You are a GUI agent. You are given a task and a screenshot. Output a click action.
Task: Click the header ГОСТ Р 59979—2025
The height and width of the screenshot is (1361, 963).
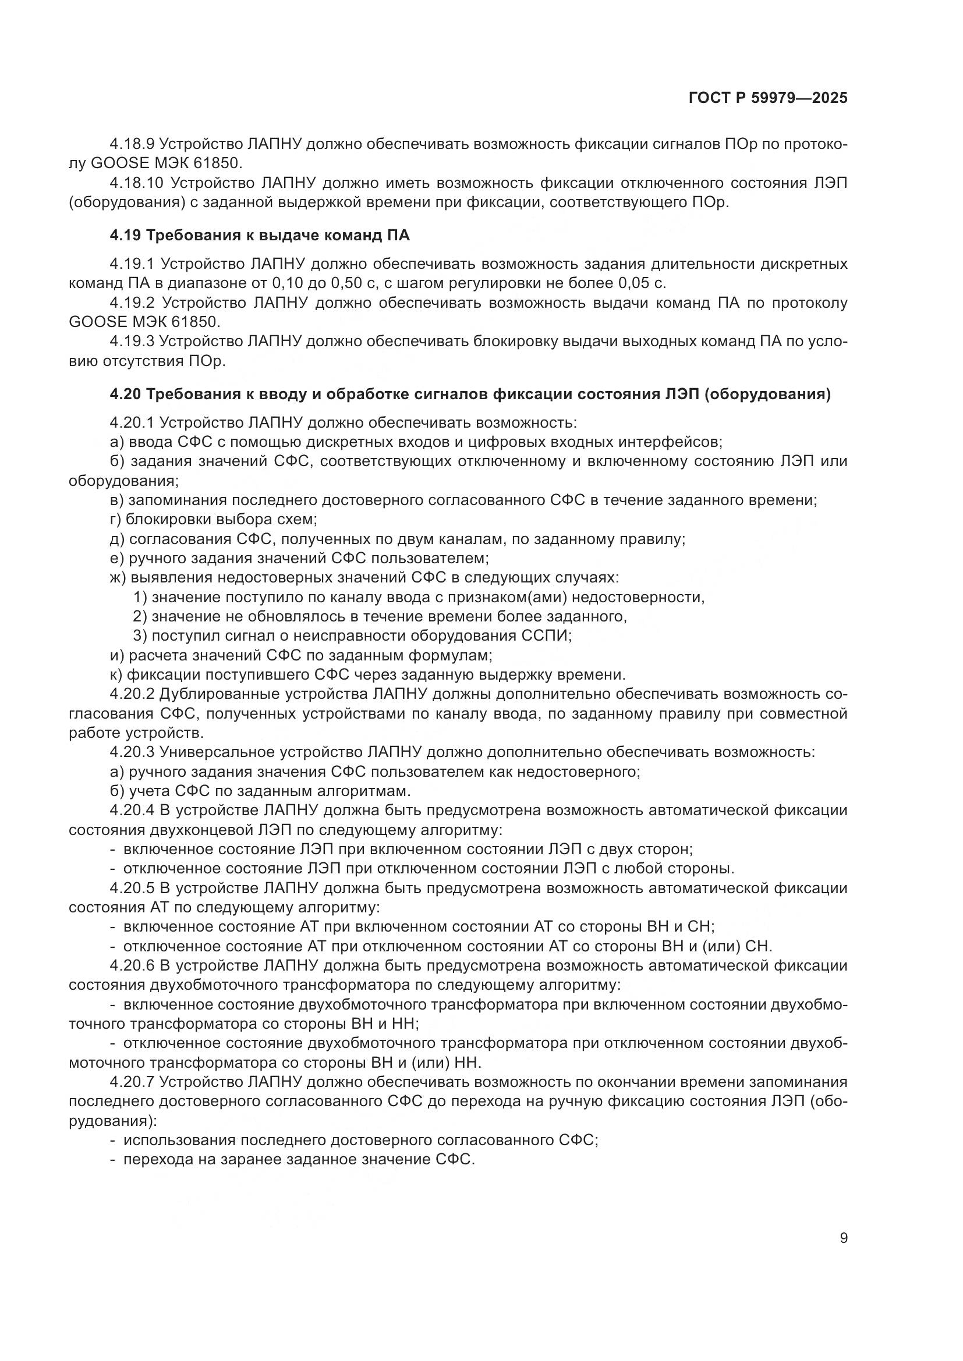[x=768, y=98]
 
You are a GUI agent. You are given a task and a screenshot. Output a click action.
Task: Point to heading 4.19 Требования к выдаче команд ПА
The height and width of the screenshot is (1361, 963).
[x=260, y=236]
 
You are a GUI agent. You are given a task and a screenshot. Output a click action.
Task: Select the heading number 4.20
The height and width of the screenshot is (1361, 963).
[x=125, y=394]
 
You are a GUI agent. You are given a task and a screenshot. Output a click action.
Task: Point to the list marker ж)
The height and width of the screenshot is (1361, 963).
[x=118, y=577]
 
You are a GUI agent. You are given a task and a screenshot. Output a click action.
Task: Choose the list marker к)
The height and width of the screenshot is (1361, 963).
[x=116, y=674]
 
